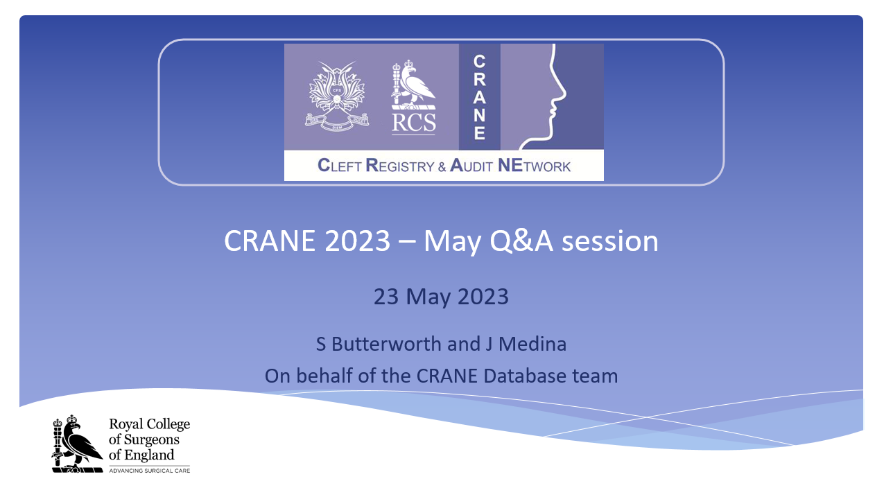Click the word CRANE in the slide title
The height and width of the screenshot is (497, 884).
click(x=270, y=241)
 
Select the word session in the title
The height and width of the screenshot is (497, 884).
click(x=610, y=241)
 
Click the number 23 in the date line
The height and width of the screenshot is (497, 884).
click(x=386, y=297)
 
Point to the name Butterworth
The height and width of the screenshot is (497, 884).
click(x=386, y=344)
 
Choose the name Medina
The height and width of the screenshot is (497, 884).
click(x=532, y=344)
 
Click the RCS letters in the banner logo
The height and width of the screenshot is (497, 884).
click(x=414, y=122)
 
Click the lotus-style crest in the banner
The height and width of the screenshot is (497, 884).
click(x=337, y=96)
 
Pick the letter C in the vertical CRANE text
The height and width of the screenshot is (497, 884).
click(x=479, y=62)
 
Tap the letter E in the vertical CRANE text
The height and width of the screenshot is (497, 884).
click(x=480, y=133)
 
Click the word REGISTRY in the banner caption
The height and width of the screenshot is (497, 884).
click(x=400, y=166)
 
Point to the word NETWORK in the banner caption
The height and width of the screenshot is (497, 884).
click(x=535, y=166)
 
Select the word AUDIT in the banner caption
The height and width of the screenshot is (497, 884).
click(x=471, y=166)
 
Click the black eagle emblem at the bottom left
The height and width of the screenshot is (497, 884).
click(x=78, y=444)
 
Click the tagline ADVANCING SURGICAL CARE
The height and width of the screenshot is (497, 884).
click(x=150, y=471)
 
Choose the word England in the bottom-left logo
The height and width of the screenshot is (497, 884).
click(x=149, y=455)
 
